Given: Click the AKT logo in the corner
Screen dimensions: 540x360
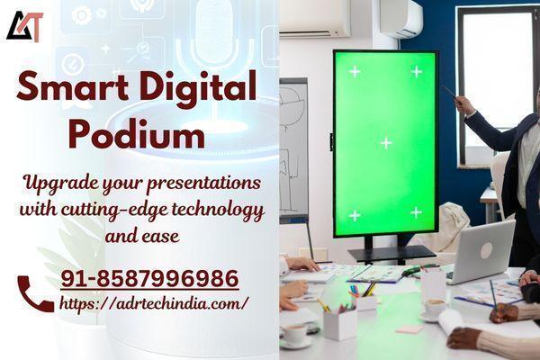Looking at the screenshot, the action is (25, 26).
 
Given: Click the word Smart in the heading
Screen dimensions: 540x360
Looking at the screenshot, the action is (72, 86).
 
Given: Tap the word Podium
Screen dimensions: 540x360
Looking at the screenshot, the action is (137, 134).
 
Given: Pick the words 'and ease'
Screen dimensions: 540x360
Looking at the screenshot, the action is (142, 237).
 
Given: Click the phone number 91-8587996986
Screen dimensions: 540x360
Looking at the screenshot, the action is (149, 278).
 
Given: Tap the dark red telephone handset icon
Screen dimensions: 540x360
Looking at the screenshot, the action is (35, 294).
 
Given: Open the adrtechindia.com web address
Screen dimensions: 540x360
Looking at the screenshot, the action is (154, 304).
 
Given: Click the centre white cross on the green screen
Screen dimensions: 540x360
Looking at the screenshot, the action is (386, 142).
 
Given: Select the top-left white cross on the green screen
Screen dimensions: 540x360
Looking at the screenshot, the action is (355, 72).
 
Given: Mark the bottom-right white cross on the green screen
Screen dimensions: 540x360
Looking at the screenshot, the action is (416, 212).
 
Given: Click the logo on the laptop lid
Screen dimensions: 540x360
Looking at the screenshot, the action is (486, 250).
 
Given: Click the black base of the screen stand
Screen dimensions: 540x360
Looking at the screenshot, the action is (391, 254).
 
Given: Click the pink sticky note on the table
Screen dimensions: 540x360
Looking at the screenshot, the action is (409, 329).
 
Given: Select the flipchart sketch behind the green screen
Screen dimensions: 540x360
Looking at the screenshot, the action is (293, 148).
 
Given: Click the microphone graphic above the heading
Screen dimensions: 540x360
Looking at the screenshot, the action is (214, 38).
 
